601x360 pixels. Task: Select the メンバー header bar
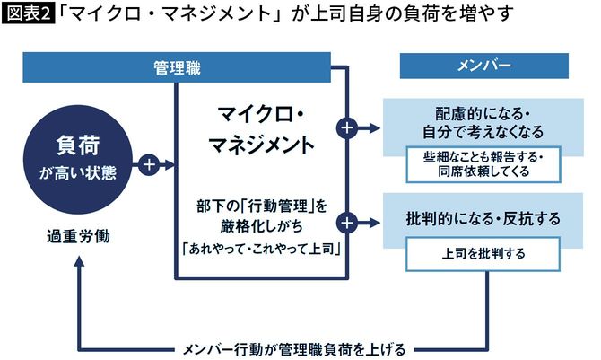coord(483,68)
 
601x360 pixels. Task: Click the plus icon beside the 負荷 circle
coord(149,165)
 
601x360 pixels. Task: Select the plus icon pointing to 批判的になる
coord(347,221)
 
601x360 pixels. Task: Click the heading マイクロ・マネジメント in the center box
coord(260,130)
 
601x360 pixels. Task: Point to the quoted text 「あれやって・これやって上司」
coord(260,248)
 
